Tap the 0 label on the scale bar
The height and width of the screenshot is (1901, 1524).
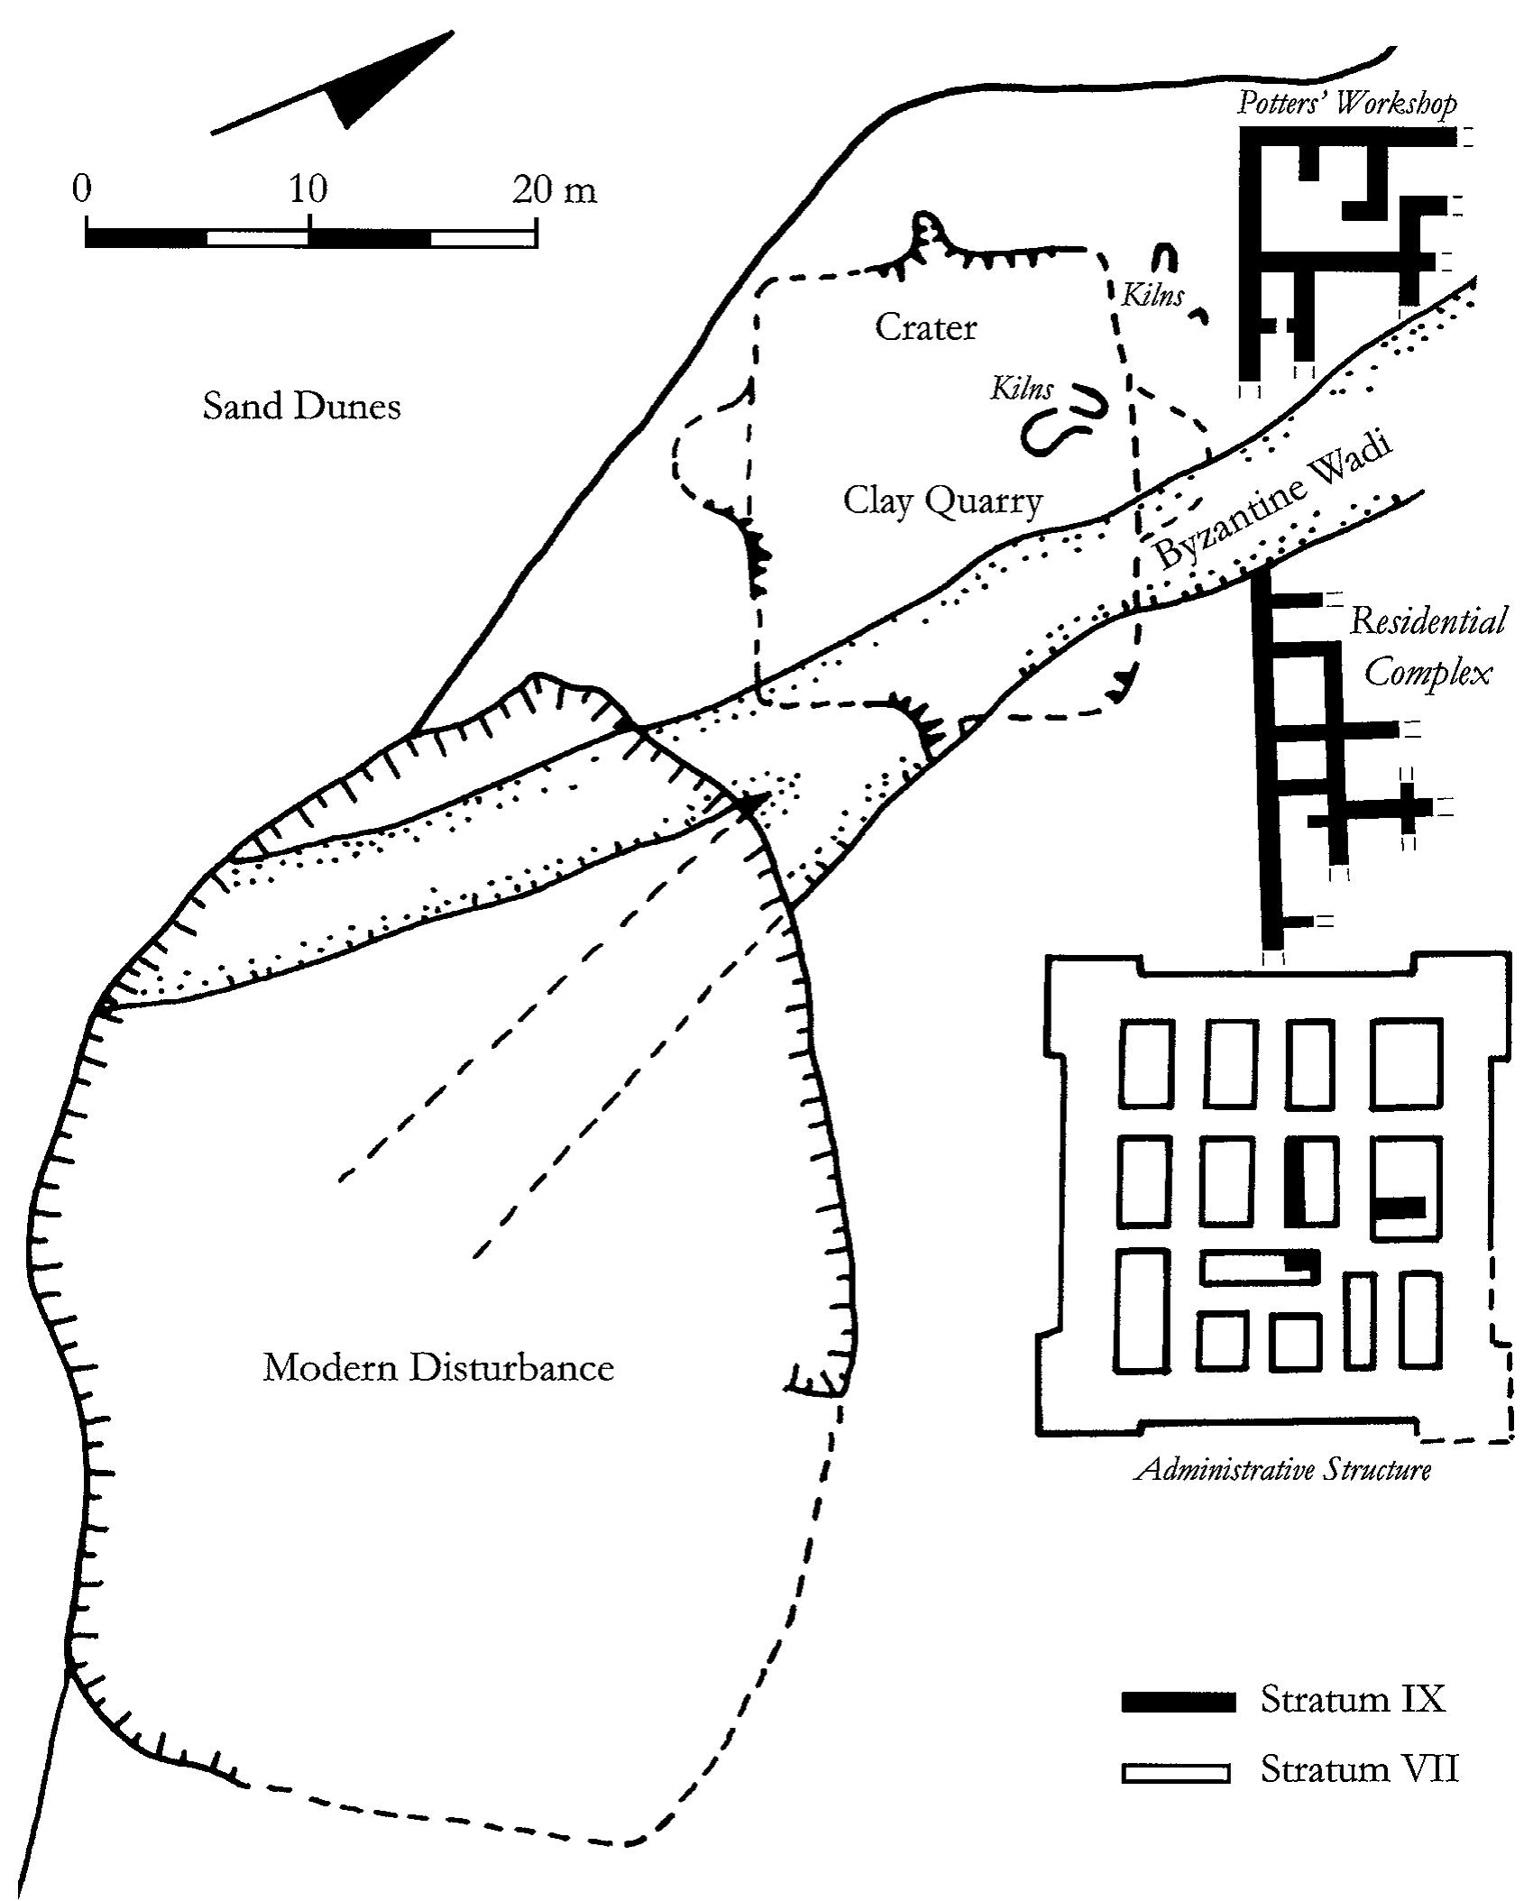point(82,189)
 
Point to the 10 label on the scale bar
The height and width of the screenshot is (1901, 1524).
point(308,189)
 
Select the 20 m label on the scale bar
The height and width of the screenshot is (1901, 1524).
point(554,189)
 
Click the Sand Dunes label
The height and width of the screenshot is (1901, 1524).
point(301,406)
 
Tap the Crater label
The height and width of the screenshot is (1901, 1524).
point(925,327)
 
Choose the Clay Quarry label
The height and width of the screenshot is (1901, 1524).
point(942,501)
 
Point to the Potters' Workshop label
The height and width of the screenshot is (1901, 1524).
point(1346,104)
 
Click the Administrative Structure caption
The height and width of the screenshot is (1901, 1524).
point(1282,1470)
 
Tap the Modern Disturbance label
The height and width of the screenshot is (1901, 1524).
point(438,1368)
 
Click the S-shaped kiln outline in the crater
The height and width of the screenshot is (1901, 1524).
point(1064,419)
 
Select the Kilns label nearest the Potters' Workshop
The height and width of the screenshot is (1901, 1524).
point(1152,295)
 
